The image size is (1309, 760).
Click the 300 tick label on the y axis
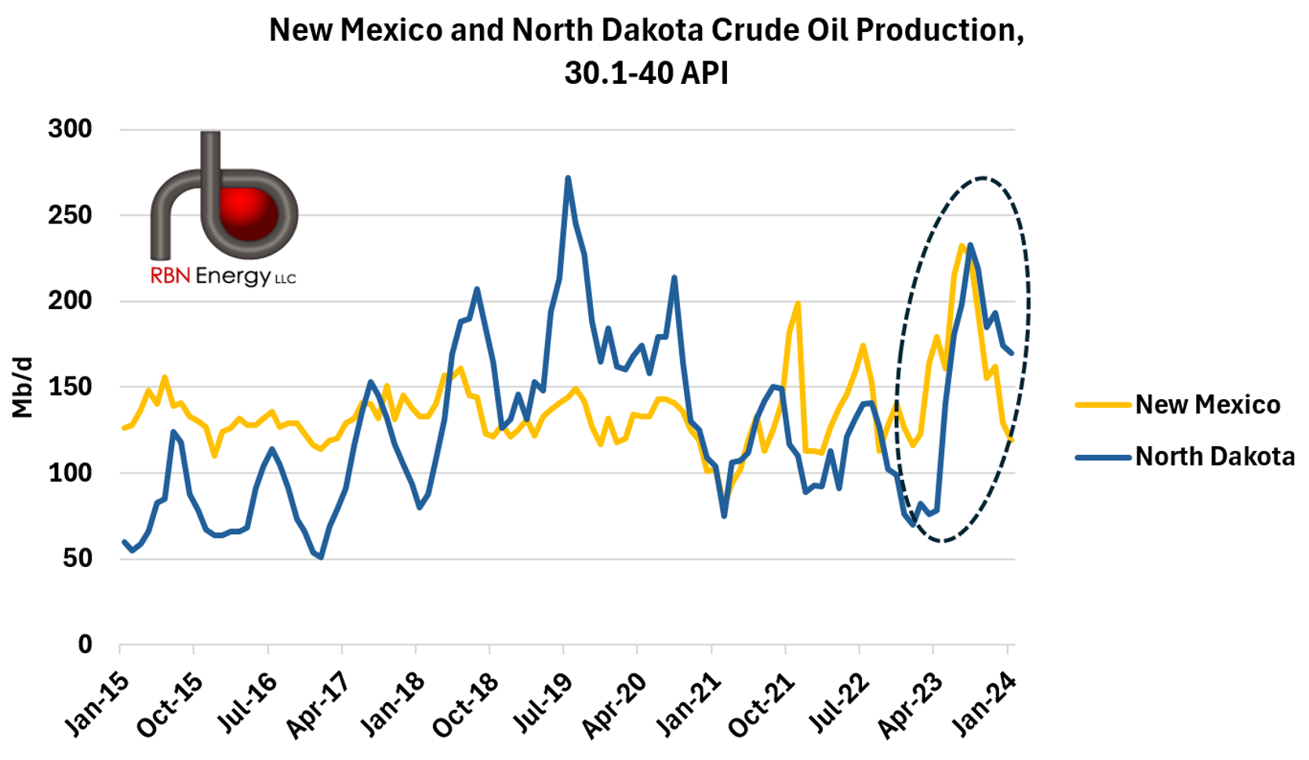pos(70,129)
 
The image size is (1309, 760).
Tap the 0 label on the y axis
pos(85,645)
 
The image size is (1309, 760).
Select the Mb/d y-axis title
pos(22,387)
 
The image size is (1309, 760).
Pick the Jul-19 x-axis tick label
pos(539,704)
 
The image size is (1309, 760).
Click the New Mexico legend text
pos(1207,405)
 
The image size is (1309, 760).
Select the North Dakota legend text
pos(1215,456)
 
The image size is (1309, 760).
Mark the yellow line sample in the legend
pos(1104,405)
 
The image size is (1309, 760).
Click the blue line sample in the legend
pos(1104,456)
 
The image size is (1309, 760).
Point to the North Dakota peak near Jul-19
pos(568,178)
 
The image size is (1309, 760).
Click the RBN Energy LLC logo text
pos(223,276)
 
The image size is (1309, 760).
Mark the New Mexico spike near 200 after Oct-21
pos(798,303)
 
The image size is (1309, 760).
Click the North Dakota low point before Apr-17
pos(321,557)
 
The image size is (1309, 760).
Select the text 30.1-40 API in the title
pos(646,73)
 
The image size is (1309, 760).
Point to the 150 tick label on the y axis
pos(70,387)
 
